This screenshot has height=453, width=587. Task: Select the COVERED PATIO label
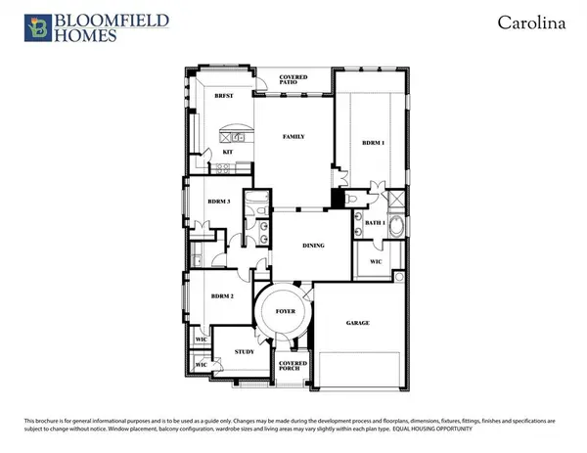click(x=293, y=80)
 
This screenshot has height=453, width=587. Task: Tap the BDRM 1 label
click(x=374, y=144)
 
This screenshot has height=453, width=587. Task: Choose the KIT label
click(x=227, y=153)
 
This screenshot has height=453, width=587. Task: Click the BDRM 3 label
click(x=218, y=202)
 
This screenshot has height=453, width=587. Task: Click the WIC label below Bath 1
click(x=375, y=262)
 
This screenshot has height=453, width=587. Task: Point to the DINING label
click(x=313, y=246)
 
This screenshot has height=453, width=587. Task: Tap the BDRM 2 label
click(x=224, y=294)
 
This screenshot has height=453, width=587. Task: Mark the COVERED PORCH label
click(x=293, y=368)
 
